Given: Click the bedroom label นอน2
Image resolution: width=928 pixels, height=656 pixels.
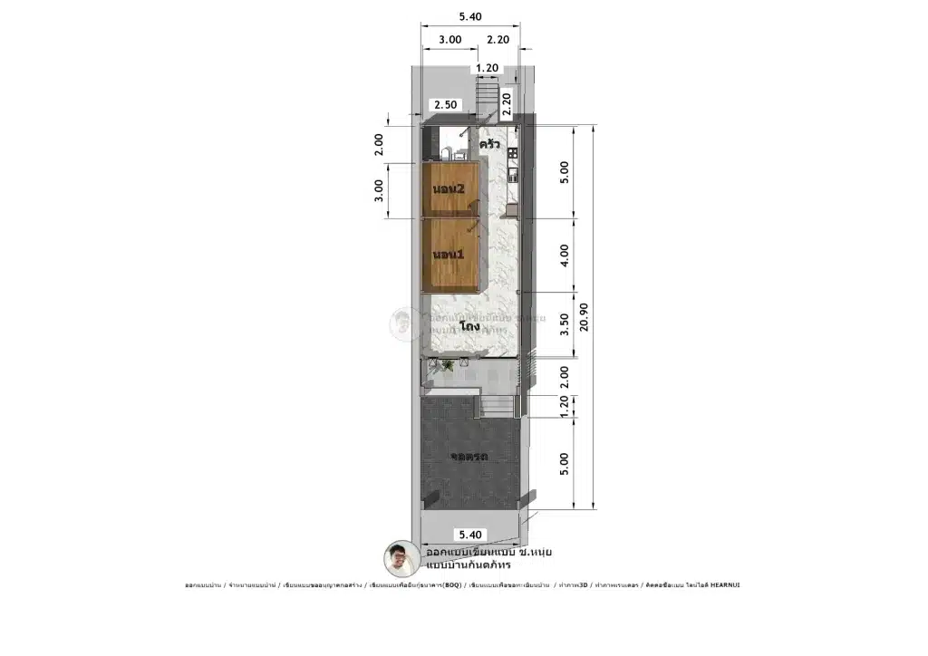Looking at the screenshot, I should click(449, 189).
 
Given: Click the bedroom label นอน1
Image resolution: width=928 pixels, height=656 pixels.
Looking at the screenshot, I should click(449, 255).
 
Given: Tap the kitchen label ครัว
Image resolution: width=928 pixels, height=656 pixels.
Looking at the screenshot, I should click(491, 145).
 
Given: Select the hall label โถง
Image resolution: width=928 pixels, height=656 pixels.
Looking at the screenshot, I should click(469, 325).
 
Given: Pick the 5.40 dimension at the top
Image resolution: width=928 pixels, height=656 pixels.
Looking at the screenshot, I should click(470, 16).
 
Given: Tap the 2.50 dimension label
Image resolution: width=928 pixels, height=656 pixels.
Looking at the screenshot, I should click(445, 105).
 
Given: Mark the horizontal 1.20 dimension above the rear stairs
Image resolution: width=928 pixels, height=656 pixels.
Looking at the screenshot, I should click(488, 68).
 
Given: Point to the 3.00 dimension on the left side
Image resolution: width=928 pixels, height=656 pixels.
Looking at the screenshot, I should click(380, 189).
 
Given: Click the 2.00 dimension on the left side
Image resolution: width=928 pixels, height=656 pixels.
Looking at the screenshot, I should click(380, 144).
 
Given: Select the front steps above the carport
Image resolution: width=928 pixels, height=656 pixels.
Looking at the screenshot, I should click(495, 406).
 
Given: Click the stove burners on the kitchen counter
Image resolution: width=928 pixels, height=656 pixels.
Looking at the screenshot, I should click(513, 152).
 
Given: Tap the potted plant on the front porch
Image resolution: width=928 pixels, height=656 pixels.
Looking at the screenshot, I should click(447, 365).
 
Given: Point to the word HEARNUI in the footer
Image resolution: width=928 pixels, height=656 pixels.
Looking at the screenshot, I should click(724, 585).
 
